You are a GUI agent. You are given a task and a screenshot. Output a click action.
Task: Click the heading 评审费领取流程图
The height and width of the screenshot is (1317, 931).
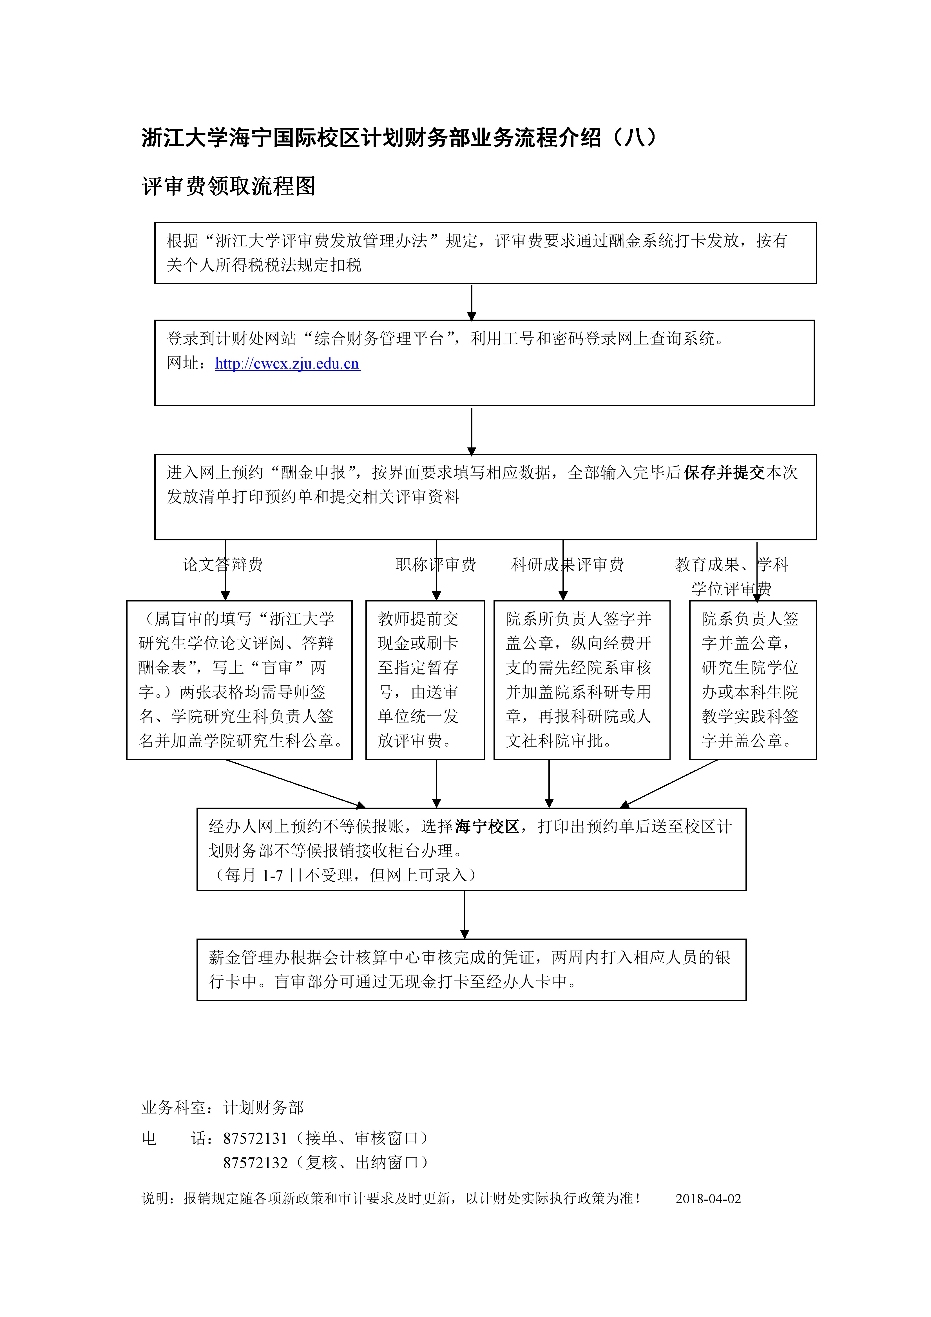click(x=228, y=186)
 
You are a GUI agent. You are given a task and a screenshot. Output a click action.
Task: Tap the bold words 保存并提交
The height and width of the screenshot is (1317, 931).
click(x=724, y=473)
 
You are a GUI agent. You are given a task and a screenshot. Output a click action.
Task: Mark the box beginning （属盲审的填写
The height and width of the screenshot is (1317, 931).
click(x=239, y=680)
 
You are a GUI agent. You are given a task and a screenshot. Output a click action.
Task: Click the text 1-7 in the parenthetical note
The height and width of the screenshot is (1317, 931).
click(x=273, y=875)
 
